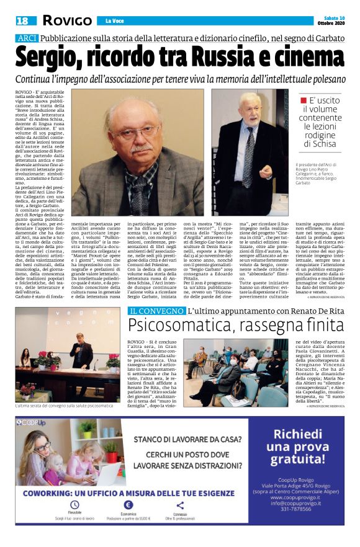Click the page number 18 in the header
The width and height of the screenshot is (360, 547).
tap(22, 21)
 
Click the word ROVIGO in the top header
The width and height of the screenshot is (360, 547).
tap(66, 21)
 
